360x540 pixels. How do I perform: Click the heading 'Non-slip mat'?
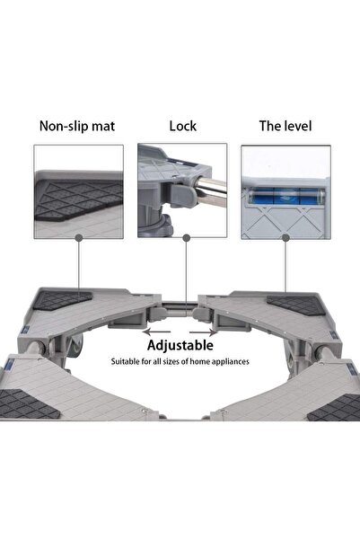point(77,126)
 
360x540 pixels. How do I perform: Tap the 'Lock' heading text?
point(183,126)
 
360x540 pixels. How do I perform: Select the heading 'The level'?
point(285,126)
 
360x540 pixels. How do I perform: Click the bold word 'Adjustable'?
point(180,345)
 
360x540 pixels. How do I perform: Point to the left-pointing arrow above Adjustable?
point(156,332)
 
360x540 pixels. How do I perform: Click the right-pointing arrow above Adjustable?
point(204,332)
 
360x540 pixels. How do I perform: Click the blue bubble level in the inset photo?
point(286,196)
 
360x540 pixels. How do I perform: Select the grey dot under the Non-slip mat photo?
point(79,237)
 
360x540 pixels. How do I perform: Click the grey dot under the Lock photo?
point(187,237)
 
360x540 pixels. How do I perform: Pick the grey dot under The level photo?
point(285,237)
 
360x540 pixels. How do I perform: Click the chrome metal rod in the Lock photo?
point(211,191)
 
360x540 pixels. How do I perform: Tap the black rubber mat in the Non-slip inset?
point(78,199)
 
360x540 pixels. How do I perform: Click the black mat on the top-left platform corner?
point(62,300)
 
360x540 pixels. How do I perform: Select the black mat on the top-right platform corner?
point(296,305)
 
